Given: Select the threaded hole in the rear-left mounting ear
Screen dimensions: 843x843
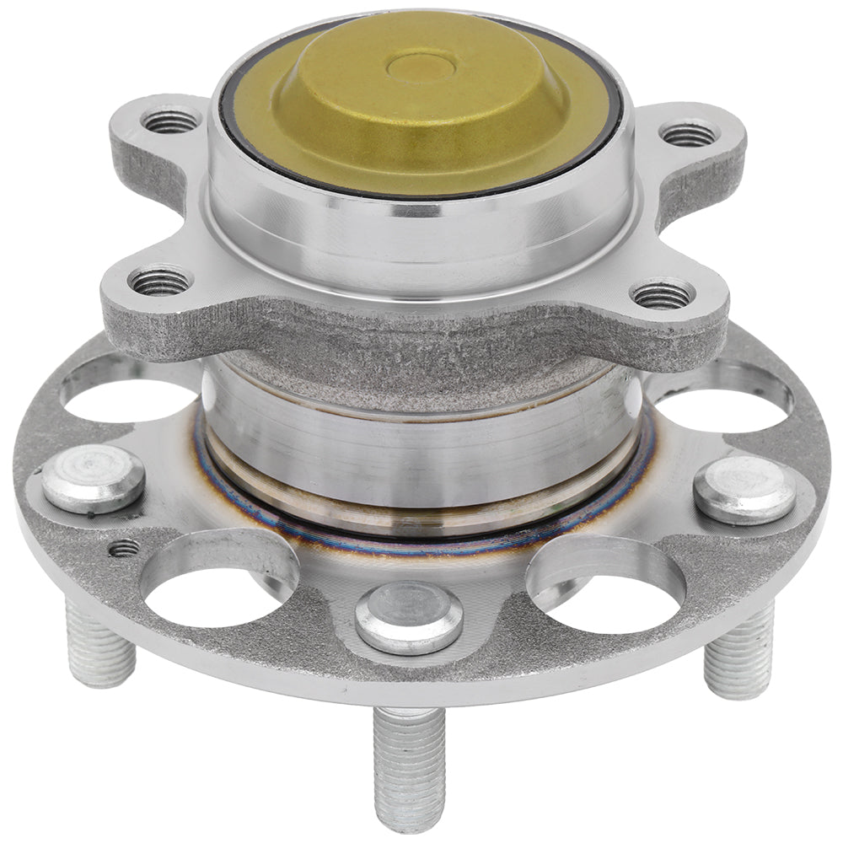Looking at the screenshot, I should (x=171, y=122).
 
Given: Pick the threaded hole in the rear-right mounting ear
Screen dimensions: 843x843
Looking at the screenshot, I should (x=688, y=133).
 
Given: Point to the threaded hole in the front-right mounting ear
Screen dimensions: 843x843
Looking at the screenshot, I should (x=663, y=294).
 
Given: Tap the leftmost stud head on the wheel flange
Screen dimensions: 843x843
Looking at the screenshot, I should (x=93, y=478).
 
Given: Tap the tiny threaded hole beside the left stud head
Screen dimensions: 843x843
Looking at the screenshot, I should (x=124, y=548).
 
